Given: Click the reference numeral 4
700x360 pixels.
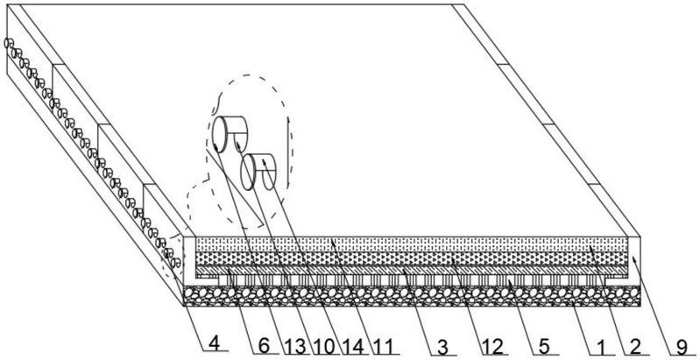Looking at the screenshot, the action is tap(215, 344).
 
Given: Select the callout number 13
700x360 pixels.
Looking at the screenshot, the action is tap(293, 347).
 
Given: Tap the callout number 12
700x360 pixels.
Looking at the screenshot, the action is tap(492, 347).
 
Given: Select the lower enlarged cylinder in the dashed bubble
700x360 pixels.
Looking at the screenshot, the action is tap(258, 172).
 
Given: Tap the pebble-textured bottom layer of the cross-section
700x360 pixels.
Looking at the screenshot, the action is tap(412, 296).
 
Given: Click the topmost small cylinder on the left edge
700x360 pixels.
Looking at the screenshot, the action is tap(9, 43).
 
